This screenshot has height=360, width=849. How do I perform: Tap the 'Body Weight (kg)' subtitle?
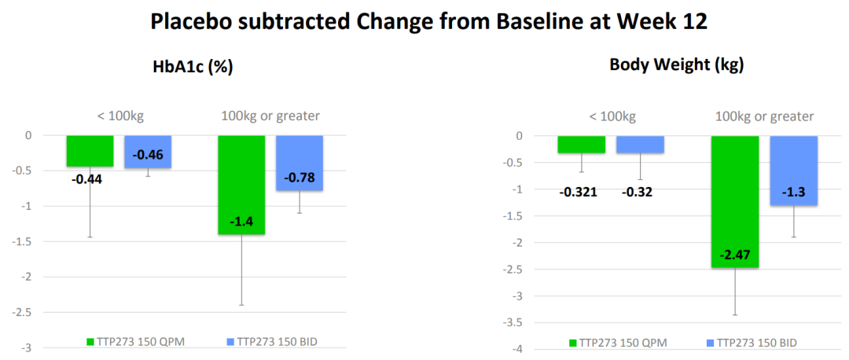tap(677, 65)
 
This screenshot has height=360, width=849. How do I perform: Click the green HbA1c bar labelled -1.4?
tap(241, 185)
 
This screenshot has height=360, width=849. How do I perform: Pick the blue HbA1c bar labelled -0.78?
tap(300, 163)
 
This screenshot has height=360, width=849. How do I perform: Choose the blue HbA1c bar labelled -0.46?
tap(148, 152)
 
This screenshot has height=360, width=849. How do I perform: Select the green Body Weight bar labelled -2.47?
tap(735, 201)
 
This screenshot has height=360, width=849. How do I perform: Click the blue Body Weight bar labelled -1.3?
tap(794, 171)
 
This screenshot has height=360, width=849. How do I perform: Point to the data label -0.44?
tap(86, 178)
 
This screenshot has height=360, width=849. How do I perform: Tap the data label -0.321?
tap(579, 192)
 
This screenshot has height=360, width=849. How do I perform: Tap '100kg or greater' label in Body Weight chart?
tap(764, 116)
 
